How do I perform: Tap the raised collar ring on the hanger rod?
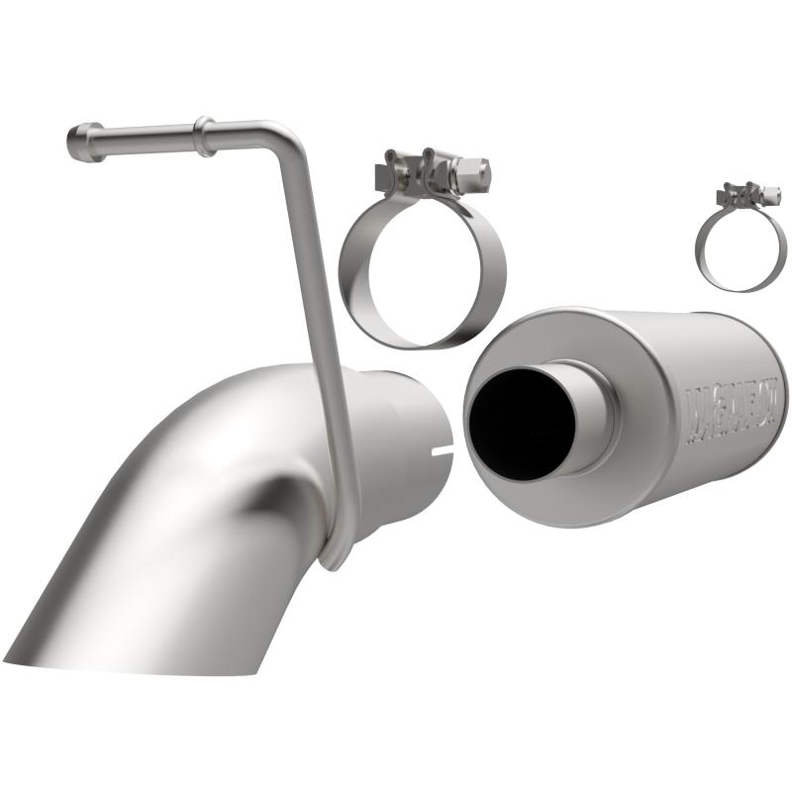coord(205,136)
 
